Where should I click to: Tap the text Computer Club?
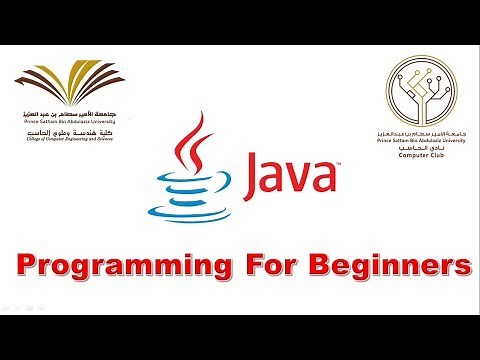click(x=421, y=156)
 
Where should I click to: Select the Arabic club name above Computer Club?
click(x=421, y=147)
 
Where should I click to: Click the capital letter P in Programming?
click(x=23, y=267)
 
